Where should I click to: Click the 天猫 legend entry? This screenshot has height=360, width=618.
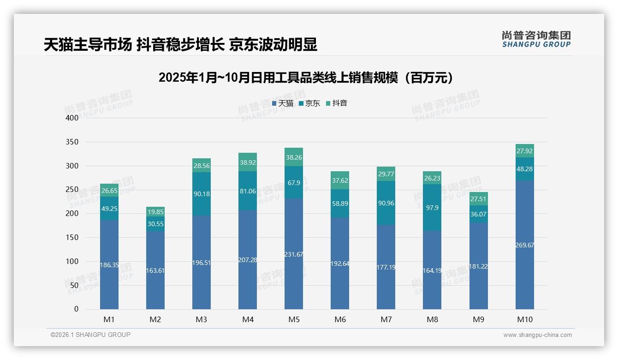tap(282, 103)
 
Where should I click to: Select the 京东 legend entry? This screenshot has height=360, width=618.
tap(309, 103)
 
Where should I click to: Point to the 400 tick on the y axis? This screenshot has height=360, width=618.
tap(72, 118)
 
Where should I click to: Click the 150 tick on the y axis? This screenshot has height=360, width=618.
tap(72, 237)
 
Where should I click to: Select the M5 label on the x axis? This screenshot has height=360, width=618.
tap(294, 319)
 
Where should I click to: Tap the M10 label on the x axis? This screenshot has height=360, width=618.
tap(524, 319)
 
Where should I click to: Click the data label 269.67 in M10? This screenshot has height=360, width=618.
tap(524, 245)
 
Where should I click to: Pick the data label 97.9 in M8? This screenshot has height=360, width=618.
tap(432, 207)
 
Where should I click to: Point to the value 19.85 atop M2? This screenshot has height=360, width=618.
tap(155, 212)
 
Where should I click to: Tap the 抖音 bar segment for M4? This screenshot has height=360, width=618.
tap(248, 162)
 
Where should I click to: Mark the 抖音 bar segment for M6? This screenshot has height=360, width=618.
tap(340, 180)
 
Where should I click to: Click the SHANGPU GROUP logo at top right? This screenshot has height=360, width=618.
tap(536, 39)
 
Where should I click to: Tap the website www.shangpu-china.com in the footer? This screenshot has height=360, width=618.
tap(537, 335)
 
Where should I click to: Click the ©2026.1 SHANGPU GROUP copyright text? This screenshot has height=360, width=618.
tap(90, 335)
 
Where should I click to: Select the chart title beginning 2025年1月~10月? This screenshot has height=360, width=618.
tap(306, 78)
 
